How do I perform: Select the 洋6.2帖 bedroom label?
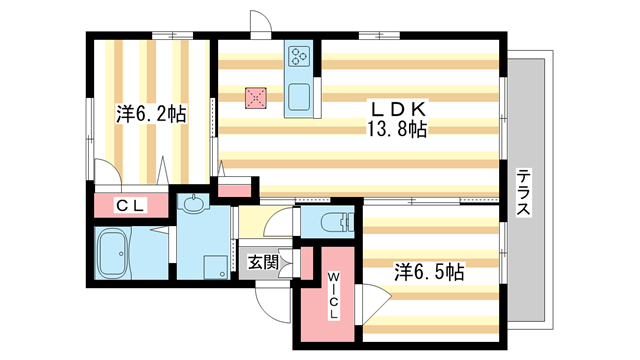click(x=150, y=113)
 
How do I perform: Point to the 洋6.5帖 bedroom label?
click(x=427, y=270)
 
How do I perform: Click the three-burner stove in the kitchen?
click(x=300, y=58)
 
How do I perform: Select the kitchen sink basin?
click(x=300, y=96)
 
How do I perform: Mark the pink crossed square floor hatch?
click(x=256, y=97)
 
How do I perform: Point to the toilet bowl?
click(x=334, y=222)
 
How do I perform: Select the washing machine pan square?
click(x=215, y=268)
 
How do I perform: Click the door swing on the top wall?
click(x=259, y=26)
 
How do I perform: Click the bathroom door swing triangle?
click(x=160, y=232)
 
